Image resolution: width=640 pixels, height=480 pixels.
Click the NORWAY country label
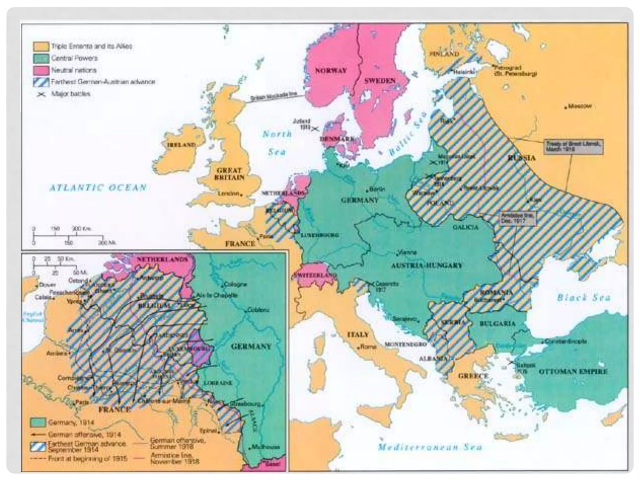pos(331,71)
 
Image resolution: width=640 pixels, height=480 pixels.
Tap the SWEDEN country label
pos(380,81)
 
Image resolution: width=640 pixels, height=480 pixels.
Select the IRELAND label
pos(181,145)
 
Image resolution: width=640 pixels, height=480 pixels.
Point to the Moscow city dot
pos(566,108)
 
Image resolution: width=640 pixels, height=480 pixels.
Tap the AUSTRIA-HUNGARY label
pos(427,266)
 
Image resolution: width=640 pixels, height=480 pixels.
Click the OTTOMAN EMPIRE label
pos(573,372)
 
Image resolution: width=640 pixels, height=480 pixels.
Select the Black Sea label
pos(584,297)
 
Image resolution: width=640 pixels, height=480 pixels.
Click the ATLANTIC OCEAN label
pos(98,187)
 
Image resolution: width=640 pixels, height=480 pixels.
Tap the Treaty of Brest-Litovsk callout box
pos(573,146)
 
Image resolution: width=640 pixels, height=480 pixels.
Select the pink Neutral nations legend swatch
pos(41,70)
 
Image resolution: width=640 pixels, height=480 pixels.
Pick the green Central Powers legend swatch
pos(41,58)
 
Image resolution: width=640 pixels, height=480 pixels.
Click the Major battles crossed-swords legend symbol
pos(41,94)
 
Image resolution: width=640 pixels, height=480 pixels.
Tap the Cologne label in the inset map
pos(235,284)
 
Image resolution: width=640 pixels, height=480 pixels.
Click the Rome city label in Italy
pos(368,347)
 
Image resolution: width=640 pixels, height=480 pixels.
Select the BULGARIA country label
pos(497,324)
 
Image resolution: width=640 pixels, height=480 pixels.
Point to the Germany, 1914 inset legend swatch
pos(38,422)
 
